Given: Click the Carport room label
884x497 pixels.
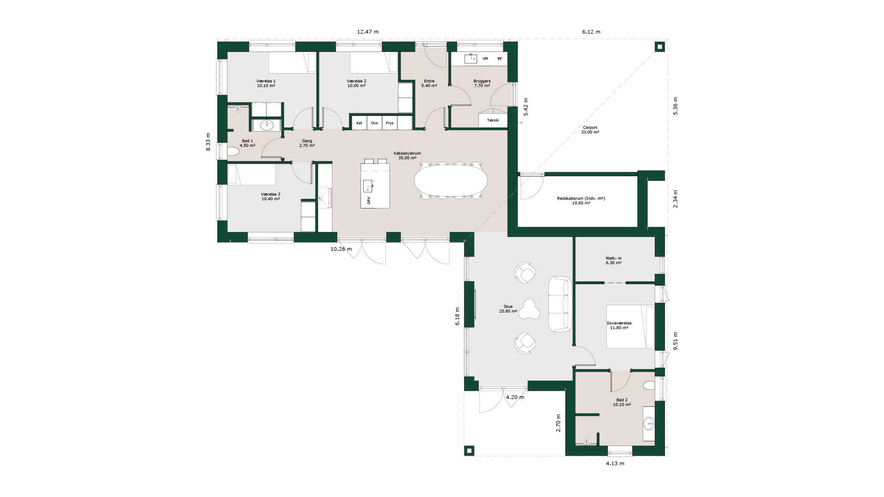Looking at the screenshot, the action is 590,130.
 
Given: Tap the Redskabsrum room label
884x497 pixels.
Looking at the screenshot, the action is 581,201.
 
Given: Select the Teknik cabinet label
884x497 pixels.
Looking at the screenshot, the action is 493,120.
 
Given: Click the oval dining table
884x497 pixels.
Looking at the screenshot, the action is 451,180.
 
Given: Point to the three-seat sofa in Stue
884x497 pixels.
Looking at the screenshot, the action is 560,304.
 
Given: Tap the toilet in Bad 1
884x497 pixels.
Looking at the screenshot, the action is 233,151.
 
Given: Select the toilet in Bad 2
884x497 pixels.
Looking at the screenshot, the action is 648,386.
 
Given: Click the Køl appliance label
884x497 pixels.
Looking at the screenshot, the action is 359,123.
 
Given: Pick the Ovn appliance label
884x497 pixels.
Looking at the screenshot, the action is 375,123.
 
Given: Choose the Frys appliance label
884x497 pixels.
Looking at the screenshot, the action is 390,123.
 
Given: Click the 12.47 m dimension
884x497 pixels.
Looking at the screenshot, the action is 368,32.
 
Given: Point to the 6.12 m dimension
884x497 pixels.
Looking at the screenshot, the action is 591,32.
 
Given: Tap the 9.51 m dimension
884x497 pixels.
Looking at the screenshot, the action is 675,341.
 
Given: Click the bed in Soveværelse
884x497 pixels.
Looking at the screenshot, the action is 630,326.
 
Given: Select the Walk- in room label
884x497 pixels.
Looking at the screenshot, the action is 613,260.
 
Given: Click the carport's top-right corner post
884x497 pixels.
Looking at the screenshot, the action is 660,47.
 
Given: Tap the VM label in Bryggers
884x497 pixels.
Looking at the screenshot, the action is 485,59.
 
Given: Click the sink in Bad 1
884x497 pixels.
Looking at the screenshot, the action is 267,125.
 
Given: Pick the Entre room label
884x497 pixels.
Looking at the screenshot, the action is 429,83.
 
